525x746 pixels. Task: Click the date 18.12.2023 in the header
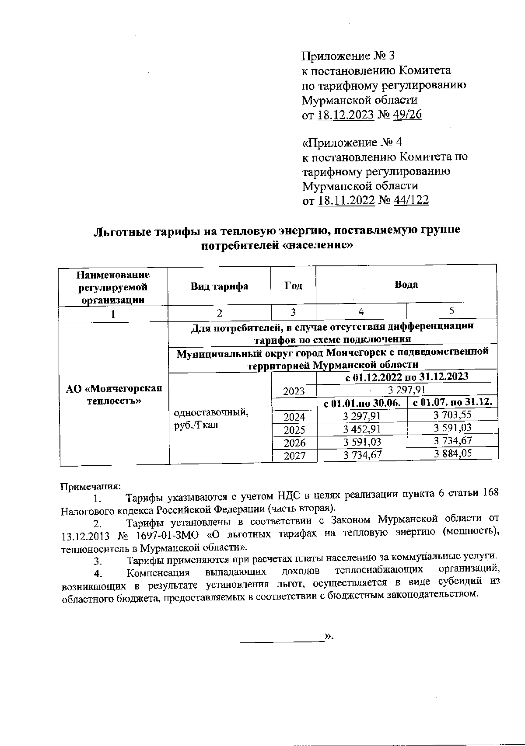click(345, 115)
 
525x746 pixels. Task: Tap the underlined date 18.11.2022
click(346, 201)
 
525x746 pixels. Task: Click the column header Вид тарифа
click(219, 286)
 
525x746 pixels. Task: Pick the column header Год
click(293, 286)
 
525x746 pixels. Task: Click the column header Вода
click(406, 285)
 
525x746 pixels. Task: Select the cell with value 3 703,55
click(452, 415)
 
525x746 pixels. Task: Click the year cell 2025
click(294, 429)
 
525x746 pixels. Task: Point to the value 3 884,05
click(453, 453)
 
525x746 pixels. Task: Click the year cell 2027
click(294, 456)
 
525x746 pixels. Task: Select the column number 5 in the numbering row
click(451, 311)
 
